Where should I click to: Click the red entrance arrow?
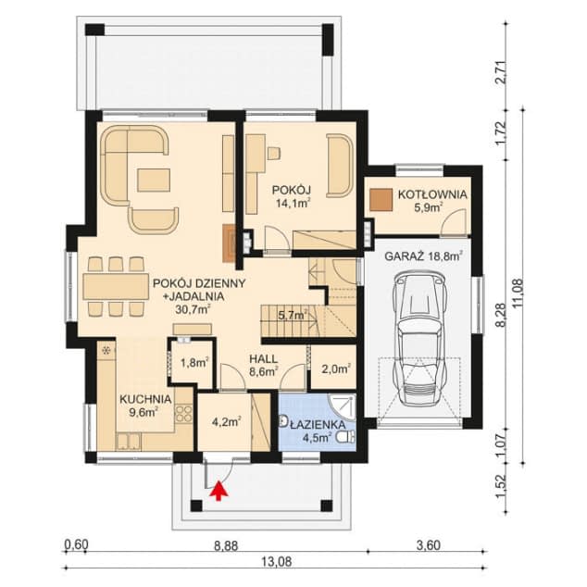[219, 491]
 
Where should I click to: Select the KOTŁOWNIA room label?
[432, 194]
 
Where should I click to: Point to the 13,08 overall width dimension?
[276, 561]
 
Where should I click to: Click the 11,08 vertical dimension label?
[518, 294]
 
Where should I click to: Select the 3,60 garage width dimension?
[429, 545]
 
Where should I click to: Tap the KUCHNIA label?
[145, 399]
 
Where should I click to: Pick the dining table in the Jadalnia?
[116, 286]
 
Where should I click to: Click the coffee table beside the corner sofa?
[154, 180]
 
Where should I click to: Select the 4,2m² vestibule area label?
[226, 422]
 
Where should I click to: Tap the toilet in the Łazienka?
[345, 437]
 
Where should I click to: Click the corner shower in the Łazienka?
[342, 407]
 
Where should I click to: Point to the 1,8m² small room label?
[194, 362]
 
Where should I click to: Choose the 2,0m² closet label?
[336, 369]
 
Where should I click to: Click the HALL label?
[264, 359]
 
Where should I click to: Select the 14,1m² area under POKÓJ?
[293, 204]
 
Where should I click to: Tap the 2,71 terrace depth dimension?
[505, 72]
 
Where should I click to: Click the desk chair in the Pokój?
[274, 153]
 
